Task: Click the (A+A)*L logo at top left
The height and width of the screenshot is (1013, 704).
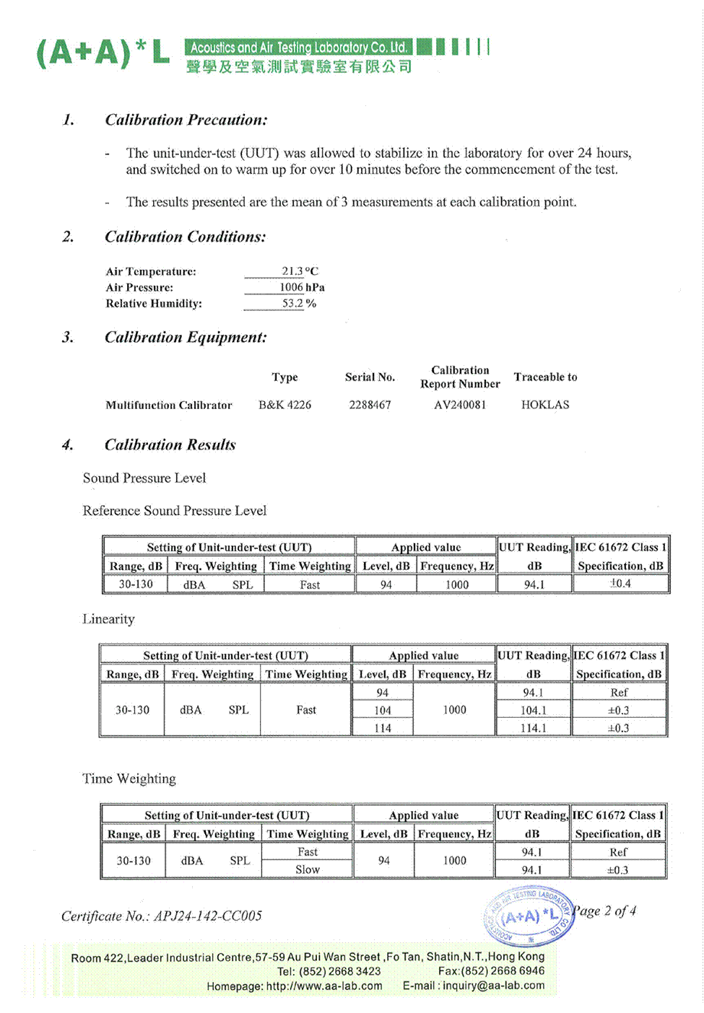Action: (x=103, y=53)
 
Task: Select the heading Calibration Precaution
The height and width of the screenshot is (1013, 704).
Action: (x=186, y=120)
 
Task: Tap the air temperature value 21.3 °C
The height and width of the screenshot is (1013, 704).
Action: (x=299, y=271)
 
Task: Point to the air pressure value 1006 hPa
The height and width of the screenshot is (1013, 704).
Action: (x=302, y=287)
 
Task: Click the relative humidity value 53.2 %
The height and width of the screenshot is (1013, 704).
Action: (x=299, y=304)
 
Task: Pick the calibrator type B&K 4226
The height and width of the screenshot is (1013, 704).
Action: (x=284, y=405)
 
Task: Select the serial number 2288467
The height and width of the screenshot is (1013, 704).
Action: (x=370, y=405)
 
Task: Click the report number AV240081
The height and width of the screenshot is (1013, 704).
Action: (x=460, y=405)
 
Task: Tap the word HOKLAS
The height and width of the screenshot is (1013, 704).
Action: (x=545, y=405)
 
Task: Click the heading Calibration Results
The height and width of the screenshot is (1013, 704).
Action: (x=170, y=444)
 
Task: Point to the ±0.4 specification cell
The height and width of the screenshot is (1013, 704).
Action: (x=620, y=584)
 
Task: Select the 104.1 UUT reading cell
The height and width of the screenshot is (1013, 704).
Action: (x=533, y=711)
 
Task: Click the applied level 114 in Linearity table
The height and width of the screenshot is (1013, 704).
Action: (x=383, y=729)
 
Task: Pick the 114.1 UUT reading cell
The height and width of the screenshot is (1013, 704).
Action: (x=533, y=729)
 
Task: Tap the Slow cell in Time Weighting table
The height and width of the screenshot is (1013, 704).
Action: (x=307, y=870)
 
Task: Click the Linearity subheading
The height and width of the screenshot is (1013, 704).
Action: (x=108, y=619)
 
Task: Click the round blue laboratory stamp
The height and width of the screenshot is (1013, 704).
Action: (x=529, y=916)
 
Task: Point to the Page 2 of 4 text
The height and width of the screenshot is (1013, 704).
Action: (x=605, y=911)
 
